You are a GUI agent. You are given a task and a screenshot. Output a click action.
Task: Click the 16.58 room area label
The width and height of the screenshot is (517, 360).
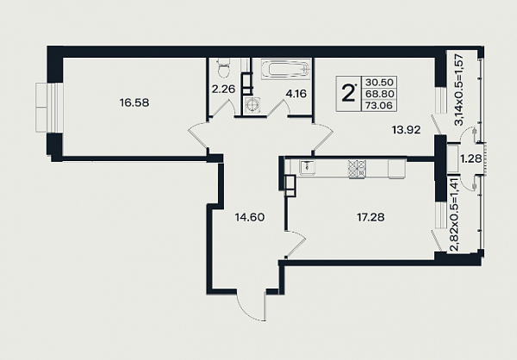(134, 102)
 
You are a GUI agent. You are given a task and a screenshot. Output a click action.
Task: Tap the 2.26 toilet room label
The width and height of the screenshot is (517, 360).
(223, 89)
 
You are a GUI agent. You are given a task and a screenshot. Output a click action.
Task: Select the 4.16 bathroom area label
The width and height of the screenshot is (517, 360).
(296, 94)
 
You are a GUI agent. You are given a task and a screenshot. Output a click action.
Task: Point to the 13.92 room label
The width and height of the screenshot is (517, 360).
(406, 130)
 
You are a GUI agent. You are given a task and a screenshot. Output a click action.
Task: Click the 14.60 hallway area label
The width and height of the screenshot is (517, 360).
(250, 217)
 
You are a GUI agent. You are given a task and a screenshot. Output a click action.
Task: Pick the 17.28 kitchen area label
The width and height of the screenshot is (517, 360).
(371, 218)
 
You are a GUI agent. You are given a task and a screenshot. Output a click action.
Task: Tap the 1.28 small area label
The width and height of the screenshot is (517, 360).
(471, 158)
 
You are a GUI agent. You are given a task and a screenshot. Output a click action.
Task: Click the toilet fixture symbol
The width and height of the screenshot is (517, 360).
(224, 68)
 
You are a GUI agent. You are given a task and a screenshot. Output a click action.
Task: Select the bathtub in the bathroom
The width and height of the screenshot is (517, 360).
(286, 69)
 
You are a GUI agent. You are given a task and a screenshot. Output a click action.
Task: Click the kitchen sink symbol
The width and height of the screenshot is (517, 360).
(308, 167)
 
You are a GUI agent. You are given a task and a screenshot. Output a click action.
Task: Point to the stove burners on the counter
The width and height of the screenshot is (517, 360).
(357, 169)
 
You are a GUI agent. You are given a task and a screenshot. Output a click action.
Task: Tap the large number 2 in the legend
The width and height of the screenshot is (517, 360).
(347, 93)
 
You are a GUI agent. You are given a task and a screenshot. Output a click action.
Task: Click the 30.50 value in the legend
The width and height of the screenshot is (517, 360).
(379, 83)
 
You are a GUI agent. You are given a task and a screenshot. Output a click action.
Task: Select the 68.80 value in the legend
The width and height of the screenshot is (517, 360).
(379, 94)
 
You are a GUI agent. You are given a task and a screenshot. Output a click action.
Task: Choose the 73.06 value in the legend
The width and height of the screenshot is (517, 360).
(379, 105)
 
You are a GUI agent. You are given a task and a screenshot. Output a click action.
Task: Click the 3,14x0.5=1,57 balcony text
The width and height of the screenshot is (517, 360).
(459, 90)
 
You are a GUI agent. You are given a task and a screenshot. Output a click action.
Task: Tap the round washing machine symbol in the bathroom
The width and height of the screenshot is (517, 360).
(253, 105)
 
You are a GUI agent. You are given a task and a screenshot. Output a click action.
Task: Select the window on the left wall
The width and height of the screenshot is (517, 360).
(49, 108)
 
